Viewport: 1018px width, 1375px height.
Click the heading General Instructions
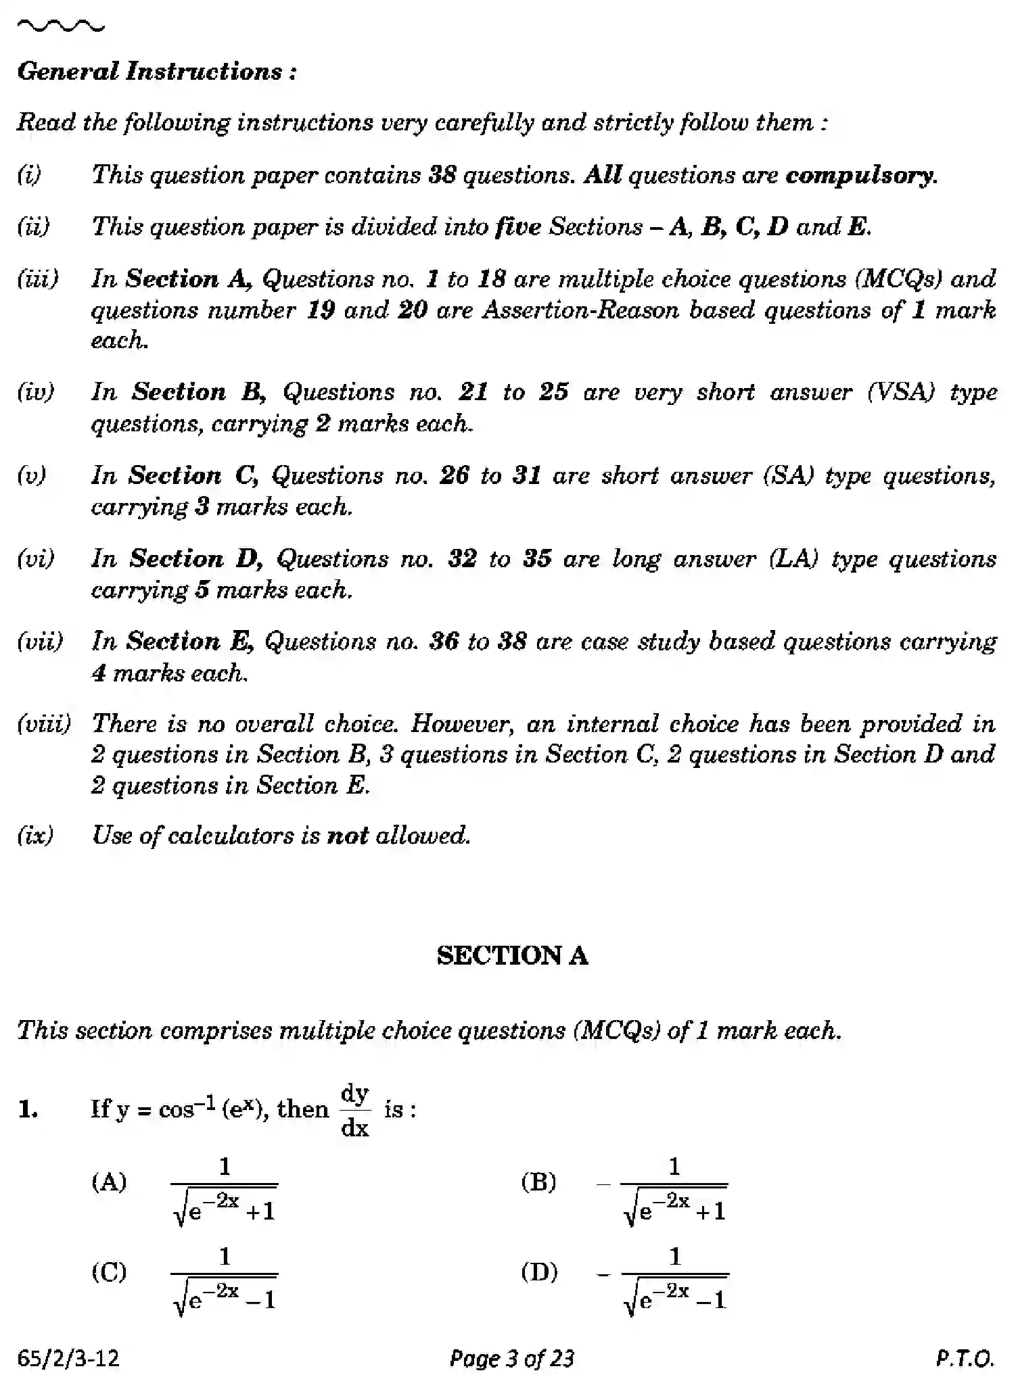pos(156,72)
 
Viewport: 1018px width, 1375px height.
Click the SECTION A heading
pos(512,955)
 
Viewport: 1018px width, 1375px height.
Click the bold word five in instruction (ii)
pos(517,226)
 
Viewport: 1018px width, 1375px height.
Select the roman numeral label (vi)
pos(36,559)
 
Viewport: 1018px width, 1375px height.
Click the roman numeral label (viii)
pos(44,724)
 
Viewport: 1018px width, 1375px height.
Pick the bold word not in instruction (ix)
pos(347,836)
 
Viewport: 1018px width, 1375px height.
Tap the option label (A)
pos(109,1182)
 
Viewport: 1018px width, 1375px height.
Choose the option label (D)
pos(539,1272)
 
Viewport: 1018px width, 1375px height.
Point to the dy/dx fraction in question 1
pos(354,1110)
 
